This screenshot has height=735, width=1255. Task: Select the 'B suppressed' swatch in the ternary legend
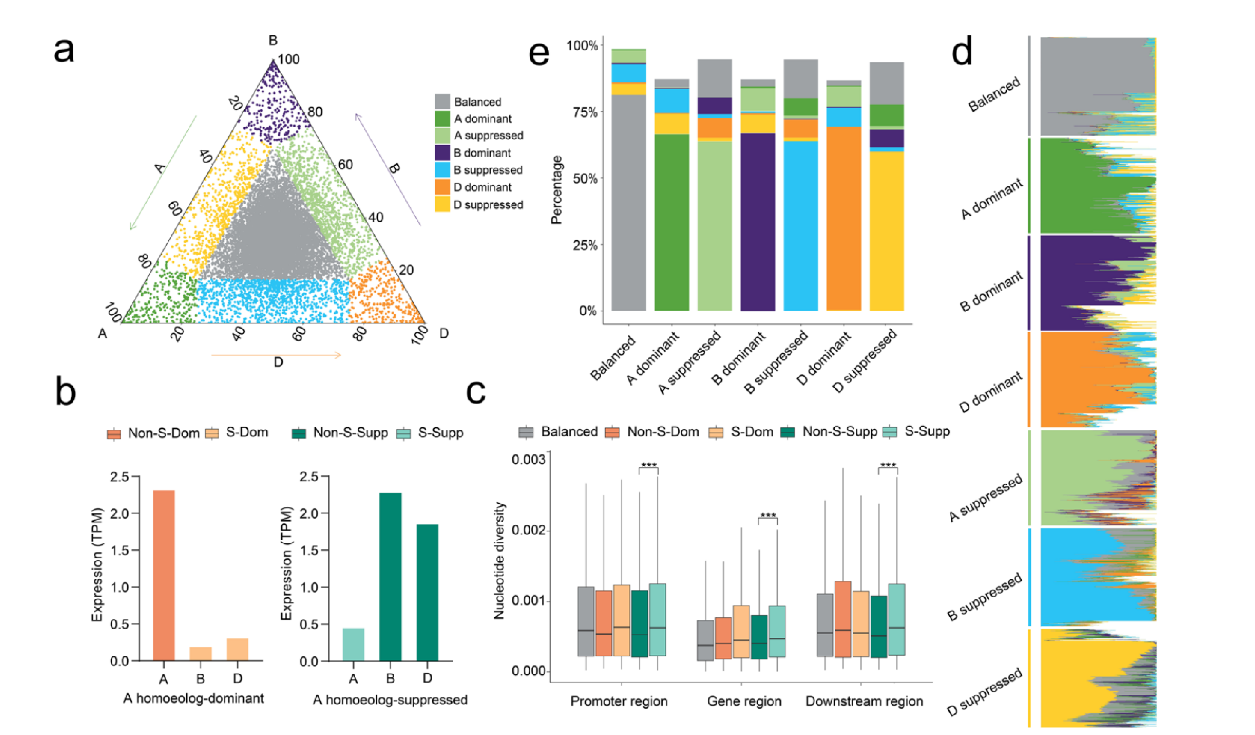point(442,170)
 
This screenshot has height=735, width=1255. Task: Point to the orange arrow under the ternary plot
point(276,355)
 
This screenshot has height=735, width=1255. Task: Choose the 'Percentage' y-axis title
point(557,190)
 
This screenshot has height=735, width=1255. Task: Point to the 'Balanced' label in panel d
point(994,95)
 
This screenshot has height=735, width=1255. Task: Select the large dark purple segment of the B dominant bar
point(758,222)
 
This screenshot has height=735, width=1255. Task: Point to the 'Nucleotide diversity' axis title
point(499,561)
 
